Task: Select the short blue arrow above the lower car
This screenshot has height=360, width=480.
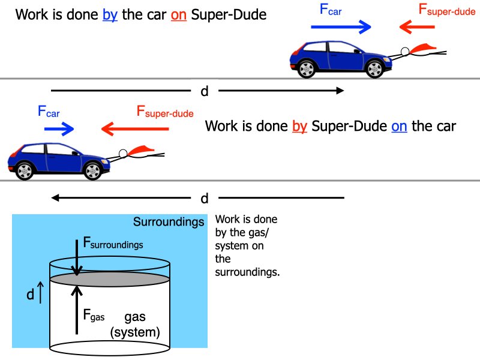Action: [58, 128]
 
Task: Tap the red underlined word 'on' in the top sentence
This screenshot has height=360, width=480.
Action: [179, 14]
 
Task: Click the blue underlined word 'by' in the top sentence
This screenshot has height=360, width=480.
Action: [110, 14]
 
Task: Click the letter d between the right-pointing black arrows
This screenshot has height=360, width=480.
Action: [205, 91]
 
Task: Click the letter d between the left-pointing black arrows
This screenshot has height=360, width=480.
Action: [205, 198]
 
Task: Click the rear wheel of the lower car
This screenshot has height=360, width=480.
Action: [25, 171]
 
